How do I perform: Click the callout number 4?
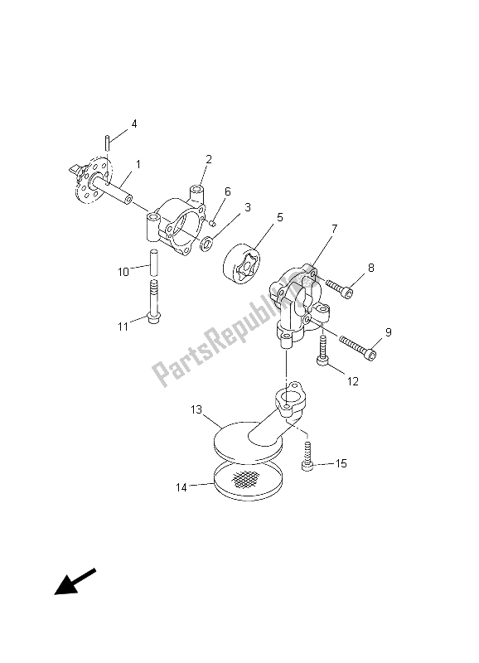(134, 123)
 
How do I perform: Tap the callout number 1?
(138, 164)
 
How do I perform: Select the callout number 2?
(209, 159)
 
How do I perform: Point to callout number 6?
(227, 191)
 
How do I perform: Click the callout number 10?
(123, 272)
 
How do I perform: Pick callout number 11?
(123, 327)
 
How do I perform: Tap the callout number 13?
(196, 409)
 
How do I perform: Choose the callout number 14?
(181, 487)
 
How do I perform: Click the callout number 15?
(341, 463)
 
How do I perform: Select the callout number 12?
(352, 381)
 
